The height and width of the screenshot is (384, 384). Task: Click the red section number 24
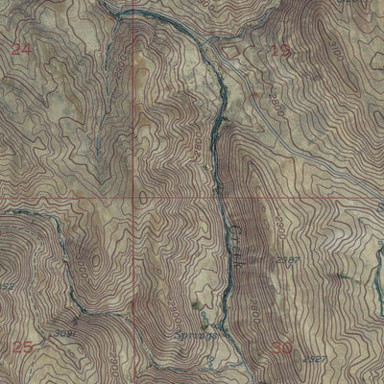pos(22,47)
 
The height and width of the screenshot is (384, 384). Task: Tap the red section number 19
pos(279,51)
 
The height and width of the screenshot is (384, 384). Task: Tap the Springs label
pos(193,337)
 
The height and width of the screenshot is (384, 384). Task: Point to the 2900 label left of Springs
pos(176,309)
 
